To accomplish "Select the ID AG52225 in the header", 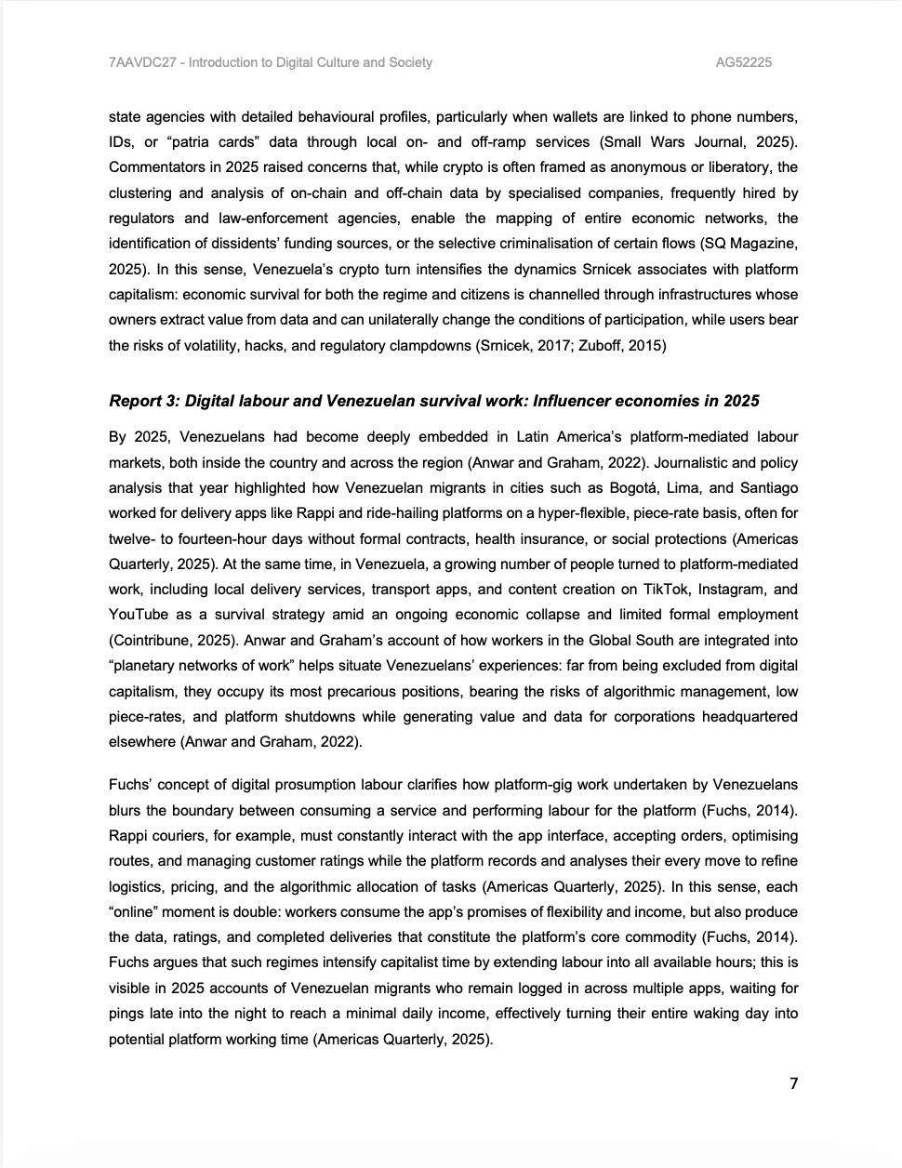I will [x=743, y=62].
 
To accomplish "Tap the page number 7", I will [x=793, y=1083].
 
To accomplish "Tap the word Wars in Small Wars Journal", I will [x=668, y=142].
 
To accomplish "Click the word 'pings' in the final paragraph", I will [x=128, y=1014].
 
